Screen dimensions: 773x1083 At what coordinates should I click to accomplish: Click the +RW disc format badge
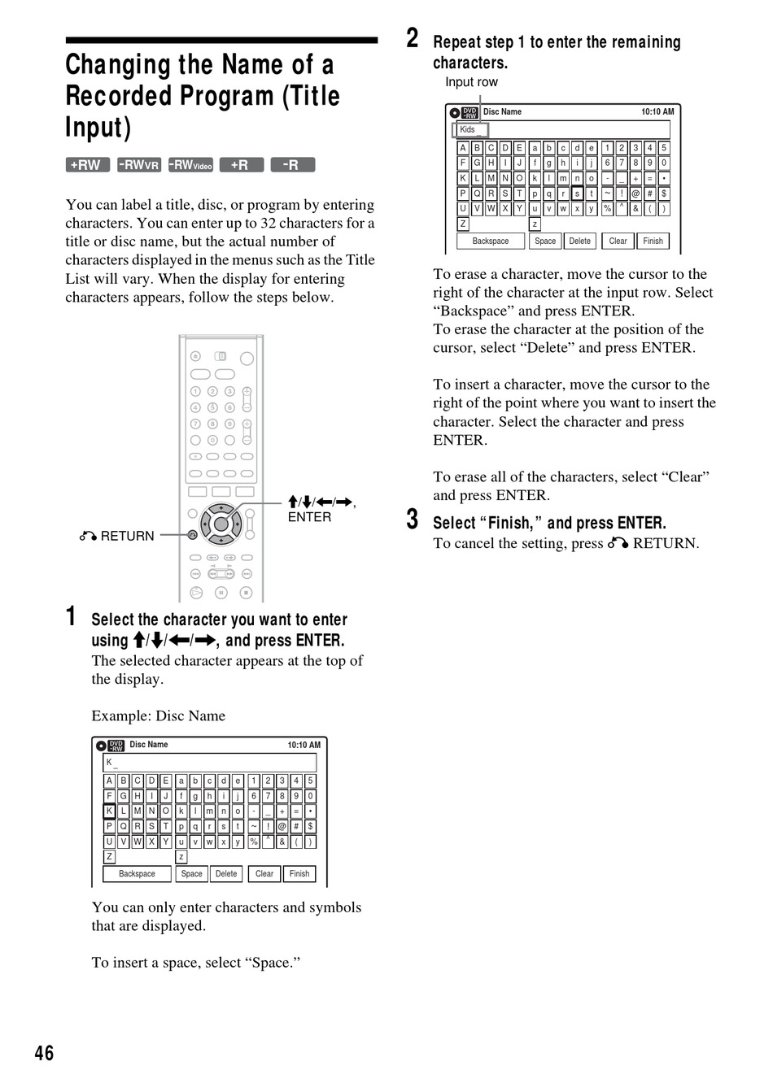click(x=88, y=165)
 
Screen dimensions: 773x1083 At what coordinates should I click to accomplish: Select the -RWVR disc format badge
click(x=139, y=165)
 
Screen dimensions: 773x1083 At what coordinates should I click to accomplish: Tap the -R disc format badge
click(x=292, y=165)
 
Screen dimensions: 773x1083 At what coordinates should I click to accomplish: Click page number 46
click(x=44, y=1053)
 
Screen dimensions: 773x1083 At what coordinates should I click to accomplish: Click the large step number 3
click(x=413, y=520)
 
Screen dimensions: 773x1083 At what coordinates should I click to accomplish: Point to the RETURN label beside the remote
click(x=127, y=536)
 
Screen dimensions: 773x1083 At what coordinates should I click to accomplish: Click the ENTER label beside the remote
click(x=309, y=517)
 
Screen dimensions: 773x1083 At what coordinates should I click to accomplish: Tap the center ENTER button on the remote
click(x=221, y=524)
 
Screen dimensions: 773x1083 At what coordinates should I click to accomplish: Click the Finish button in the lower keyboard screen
click(x=299, y=874)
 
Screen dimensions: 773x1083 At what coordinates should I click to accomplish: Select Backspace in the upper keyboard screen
click(x=491, y=241)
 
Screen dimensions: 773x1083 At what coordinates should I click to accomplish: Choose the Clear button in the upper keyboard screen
click(x=618, y=241)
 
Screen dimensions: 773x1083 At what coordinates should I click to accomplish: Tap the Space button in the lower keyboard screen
click(x=191, y=874)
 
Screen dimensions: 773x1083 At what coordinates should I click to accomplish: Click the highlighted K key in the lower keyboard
click(x=109, y=811)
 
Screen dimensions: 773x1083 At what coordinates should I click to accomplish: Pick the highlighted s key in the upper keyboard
click(x=577, y=194)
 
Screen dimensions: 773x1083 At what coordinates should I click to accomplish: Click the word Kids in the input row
click(x=467, y=129)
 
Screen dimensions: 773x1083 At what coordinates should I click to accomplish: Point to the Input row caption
click(x=471, y=82)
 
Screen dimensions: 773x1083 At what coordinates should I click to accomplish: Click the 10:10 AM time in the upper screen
click(x=657, y=111)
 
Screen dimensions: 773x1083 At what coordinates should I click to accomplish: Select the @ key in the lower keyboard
click(x=282, y=827)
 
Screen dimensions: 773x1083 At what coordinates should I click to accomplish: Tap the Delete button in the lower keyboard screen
click(x=226, y=874)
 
